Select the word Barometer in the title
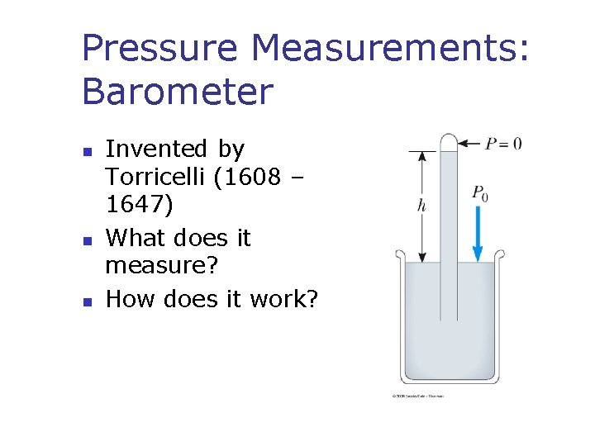tap(177, 92)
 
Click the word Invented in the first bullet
tap(156, 149)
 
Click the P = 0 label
tap(502, 144)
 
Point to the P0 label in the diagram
tap(479, 193)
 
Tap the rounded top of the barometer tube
tap(449, 140)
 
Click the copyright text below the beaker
tap(418, 396)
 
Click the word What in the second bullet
tap(134, 238)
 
